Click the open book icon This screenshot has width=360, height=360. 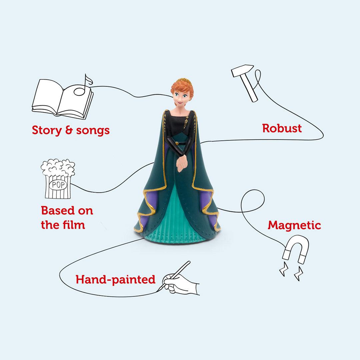coord(62,98)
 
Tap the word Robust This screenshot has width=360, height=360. coord(282,128)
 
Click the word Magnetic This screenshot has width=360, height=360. coord(294,225)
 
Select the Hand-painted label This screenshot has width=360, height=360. coord(115,279)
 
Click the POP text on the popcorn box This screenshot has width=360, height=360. coord(58,185)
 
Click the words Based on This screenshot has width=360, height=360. coord(67,211)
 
